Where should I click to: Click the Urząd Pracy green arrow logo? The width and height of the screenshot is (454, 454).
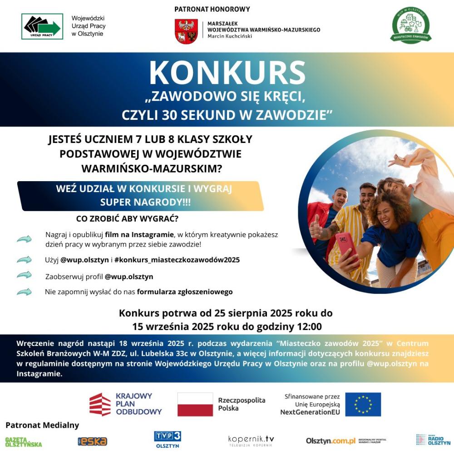tap(42, 26)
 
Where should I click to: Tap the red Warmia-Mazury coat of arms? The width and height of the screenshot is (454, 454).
tap(186, 31)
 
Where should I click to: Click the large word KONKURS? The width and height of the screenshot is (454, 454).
tap(227, 72)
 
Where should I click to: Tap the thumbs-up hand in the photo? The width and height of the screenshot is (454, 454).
tap(316, 226)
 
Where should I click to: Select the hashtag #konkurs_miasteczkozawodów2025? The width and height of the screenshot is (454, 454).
tap(177, 260)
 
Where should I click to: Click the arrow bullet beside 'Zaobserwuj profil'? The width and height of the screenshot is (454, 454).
tap(24, 275)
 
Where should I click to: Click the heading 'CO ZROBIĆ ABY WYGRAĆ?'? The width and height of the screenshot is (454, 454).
tap(127, 219)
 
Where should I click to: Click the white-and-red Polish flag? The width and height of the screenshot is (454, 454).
tap(195, 404)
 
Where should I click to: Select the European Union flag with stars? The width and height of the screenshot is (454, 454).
tap(363, 404)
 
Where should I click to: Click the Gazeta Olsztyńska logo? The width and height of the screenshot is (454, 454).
tap(24, 442)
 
